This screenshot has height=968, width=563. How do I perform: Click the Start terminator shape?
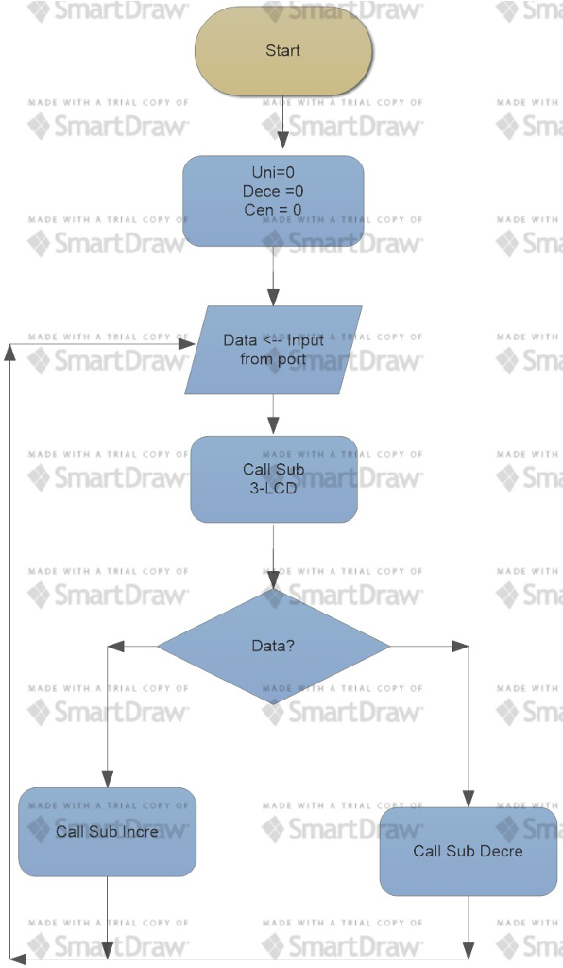tap(282, 51)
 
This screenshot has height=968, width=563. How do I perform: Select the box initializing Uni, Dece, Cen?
tap(273, 200)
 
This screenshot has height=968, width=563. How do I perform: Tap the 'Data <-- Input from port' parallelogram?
tap(273, 350)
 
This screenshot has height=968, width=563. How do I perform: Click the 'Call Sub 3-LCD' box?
tap(274, 479)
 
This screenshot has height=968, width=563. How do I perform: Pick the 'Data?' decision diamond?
tap(273, 647)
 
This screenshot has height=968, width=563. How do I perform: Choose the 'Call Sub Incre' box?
tap(107, 832)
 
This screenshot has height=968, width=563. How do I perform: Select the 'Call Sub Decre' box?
tap(468, 851)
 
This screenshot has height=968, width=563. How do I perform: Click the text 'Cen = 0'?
tap(273, 210)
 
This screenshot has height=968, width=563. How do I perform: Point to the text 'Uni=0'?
tap(273, 172)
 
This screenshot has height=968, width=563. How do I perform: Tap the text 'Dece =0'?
tap(273, 191)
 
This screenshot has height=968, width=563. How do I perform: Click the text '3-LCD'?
tap(274, 489)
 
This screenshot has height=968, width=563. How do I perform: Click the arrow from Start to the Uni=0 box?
tap(282, 125)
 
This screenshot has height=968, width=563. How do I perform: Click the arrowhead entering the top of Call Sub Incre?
tap(108, 780)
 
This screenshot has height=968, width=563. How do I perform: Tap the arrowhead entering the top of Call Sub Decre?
tap(468, 800)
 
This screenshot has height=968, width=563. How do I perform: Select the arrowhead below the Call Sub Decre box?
tap(468, 949)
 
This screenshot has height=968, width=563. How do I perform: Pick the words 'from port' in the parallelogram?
tap(272, 359)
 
